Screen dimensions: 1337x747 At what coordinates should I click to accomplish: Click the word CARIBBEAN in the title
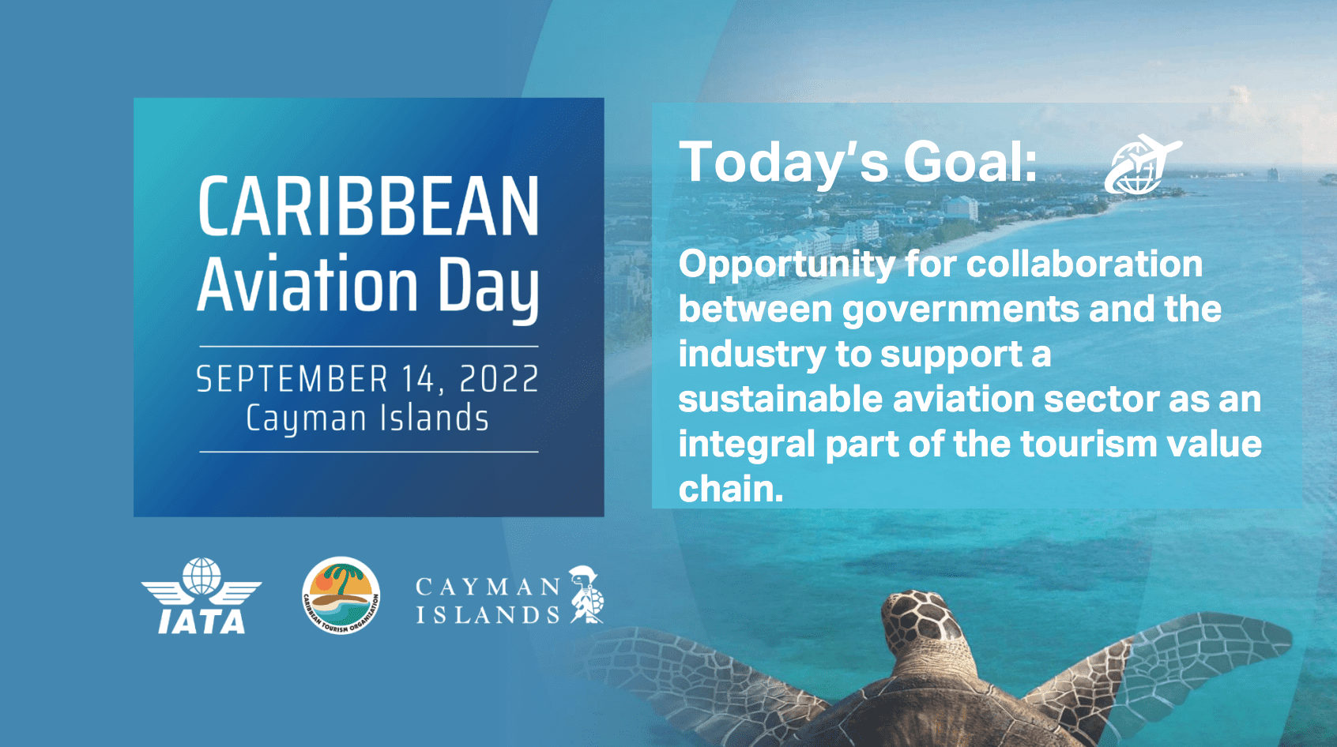click(368, 206)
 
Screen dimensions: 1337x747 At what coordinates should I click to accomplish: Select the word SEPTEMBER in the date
click(292, 379)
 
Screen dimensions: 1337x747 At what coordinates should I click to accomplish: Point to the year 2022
click(499, 379)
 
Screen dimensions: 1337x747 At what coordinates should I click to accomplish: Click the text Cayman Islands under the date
click(367, 419)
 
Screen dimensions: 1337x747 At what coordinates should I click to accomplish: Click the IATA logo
click(201, 595)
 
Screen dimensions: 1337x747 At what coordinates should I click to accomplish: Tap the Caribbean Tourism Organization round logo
click(341, 595)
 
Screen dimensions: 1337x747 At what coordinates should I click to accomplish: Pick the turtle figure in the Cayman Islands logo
click(587, 595)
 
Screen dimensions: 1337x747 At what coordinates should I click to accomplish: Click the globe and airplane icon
click(1143, 165)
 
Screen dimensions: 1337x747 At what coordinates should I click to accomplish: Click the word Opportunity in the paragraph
click(787, 265)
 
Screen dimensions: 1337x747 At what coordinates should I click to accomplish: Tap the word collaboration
click(1084, 264)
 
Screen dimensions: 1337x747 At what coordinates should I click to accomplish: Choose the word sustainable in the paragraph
click(780, 399)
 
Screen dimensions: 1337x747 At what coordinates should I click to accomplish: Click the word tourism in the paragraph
click(1088, 445)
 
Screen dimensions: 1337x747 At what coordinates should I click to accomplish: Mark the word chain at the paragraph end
click(731, 490)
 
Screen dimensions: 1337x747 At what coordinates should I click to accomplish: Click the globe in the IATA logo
click(201, 576)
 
